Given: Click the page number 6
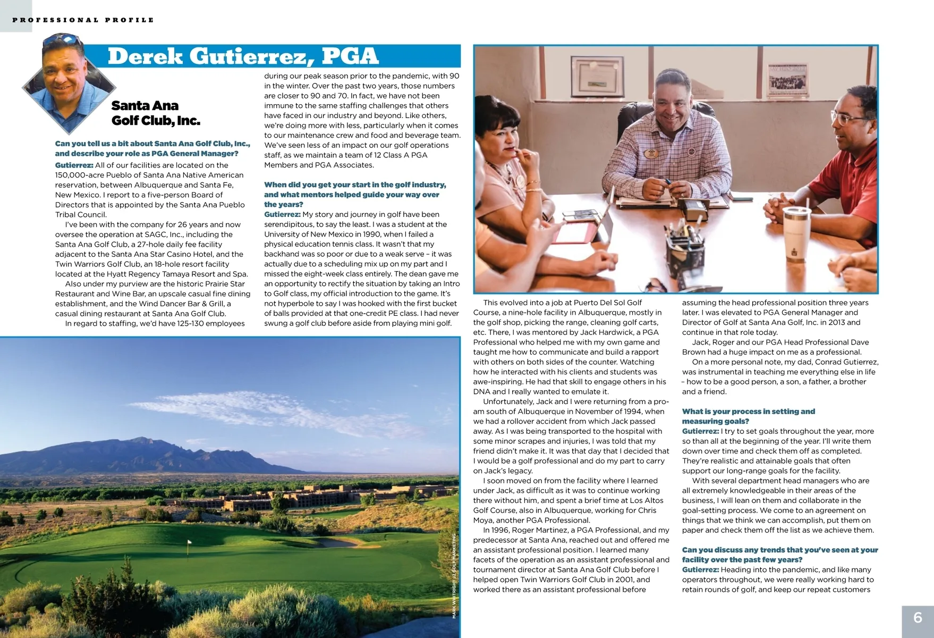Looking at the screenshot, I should [x=918, y=617].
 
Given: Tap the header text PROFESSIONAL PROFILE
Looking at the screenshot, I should [x=83, y=20].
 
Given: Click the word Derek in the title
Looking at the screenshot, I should [x=145, y=56].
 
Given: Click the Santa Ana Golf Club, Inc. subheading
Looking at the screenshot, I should [x=155, y=113].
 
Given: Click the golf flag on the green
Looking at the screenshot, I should [x=189, y=543].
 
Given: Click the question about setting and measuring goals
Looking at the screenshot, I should [x=748, y=416].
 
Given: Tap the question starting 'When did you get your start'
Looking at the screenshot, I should [x=354, y=194].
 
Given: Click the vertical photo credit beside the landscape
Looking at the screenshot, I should [x=454, y=575].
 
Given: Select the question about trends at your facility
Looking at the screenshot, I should [x=779, y=555].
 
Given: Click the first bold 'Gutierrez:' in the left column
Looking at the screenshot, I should [x=74, y=165].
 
